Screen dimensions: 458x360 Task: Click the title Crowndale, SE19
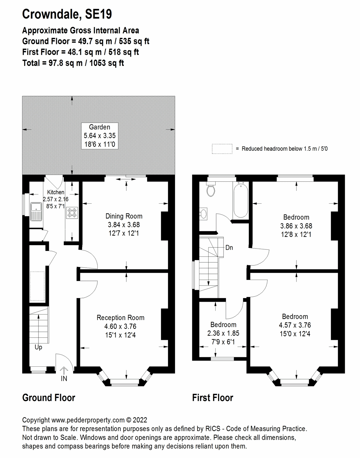[x=67, y=14]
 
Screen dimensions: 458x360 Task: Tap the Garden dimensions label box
[x=100, y=136]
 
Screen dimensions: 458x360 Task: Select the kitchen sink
[x=36, y=211]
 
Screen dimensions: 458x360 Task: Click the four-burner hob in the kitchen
[x=72, y=213]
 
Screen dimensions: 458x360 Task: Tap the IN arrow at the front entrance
[x=64, y=374]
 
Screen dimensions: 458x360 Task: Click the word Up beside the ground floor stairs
[x=38, y=347]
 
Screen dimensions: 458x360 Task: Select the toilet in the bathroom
[x=210, y=190]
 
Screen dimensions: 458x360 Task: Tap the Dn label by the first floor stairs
[x=229, y=248]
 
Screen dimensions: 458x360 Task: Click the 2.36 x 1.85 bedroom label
[x=223, y=333]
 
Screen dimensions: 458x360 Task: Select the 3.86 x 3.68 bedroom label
[x=296, y=226]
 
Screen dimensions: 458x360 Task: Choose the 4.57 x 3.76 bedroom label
[x=295, y=325]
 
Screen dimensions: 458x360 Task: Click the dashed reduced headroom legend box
[x=222, y=149]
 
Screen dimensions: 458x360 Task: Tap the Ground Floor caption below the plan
[x=49, y=398]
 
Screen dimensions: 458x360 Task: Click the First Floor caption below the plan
[x=213, y=398]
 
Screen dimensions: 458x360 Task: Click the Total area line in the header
[x=73, y=63]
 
